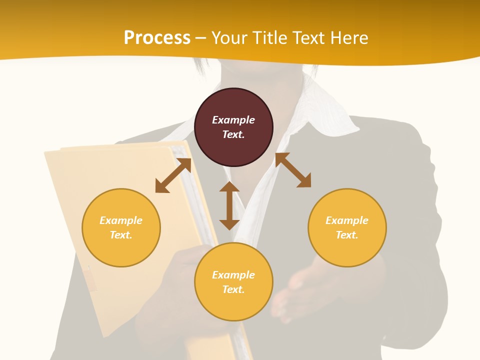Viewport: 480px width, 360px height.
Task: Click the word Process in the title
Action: click(x=157, y=38)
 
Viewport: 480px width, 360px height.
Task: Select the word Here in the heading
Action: click(x=348, y=38)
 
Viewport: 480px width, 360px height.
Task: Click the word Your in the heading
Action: click(x=230, y=38)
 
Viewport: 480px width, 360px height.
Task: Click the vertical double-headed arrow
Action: click(x=229, y=205)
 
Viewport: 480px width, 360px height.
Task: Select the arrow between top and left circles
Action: click(x=173, y=175)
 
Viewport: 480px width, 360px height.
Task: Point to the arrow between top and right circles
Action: click(x=293, y=170)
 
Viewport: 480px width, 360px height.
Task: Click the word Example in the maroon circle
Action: click(x=233, y=120)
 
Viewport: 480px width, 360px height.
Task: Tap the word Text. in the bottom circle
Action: click(x=233, y=289)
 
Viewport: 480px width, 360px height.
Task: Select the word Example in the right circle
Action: click(x=347, y=220)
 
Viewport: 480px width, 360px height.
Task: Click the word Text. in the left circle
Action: click(x=121, y=235)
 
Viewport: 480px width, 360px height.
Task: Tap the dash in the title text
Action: click(x=201, y=38)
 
